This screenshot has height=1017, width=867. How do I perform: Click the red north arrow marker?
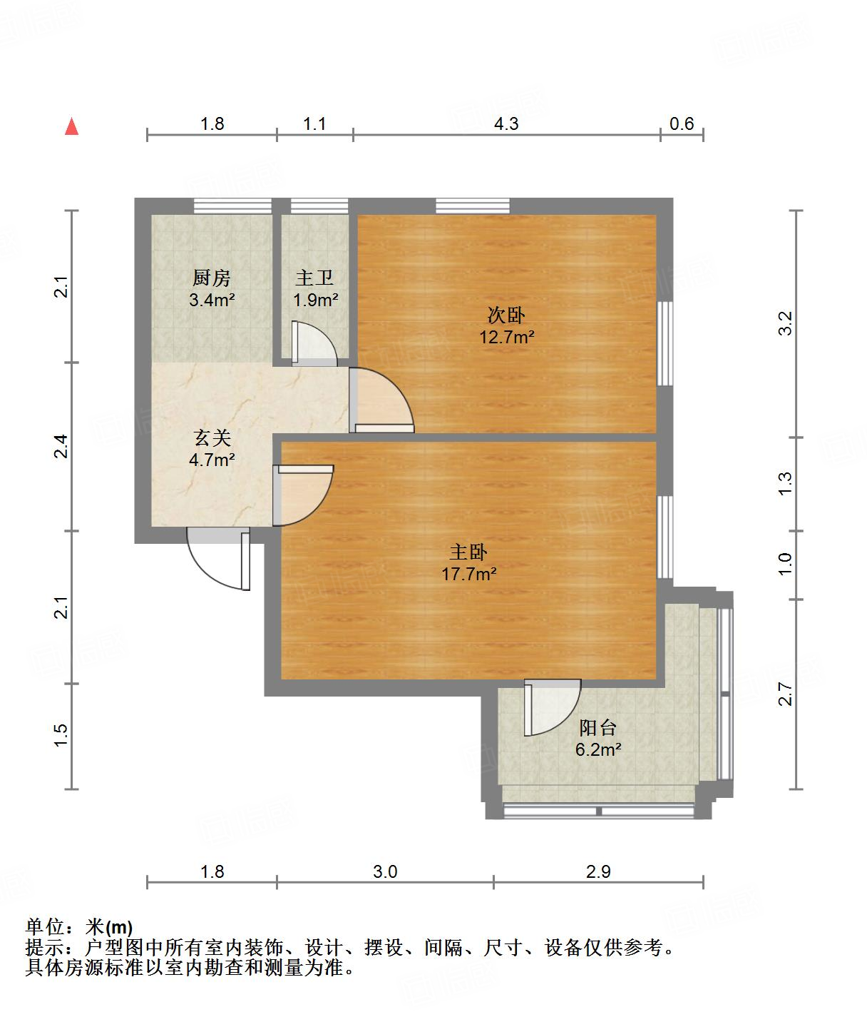71,126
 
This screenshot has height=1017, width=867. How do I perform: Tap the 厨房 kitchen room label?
212,278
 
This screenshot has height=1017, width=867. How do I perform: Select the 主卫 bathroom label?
314,278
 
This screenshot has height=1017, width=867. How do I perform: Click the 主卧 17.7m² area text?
468,573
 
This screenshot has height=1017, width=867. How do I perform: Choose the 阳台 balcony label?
597,728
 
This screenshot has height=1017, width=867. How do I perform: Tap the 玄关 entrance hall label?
212,437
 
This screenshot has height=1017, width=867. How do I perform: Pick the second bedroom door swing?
381,400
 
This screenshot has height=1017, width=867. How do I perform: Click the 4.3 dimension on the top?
506,123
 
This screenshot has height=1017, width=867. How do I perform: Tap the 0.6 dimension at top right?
682,123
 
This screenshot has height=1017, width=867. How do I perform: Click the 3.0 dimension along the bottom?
385,871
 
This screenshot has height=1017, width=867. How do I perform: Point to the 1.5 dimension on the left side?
61,736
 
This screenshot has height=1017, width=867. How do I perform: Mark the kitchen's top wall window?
232,206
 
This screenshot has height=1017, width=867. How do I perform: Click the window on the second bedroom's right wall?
665,343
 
